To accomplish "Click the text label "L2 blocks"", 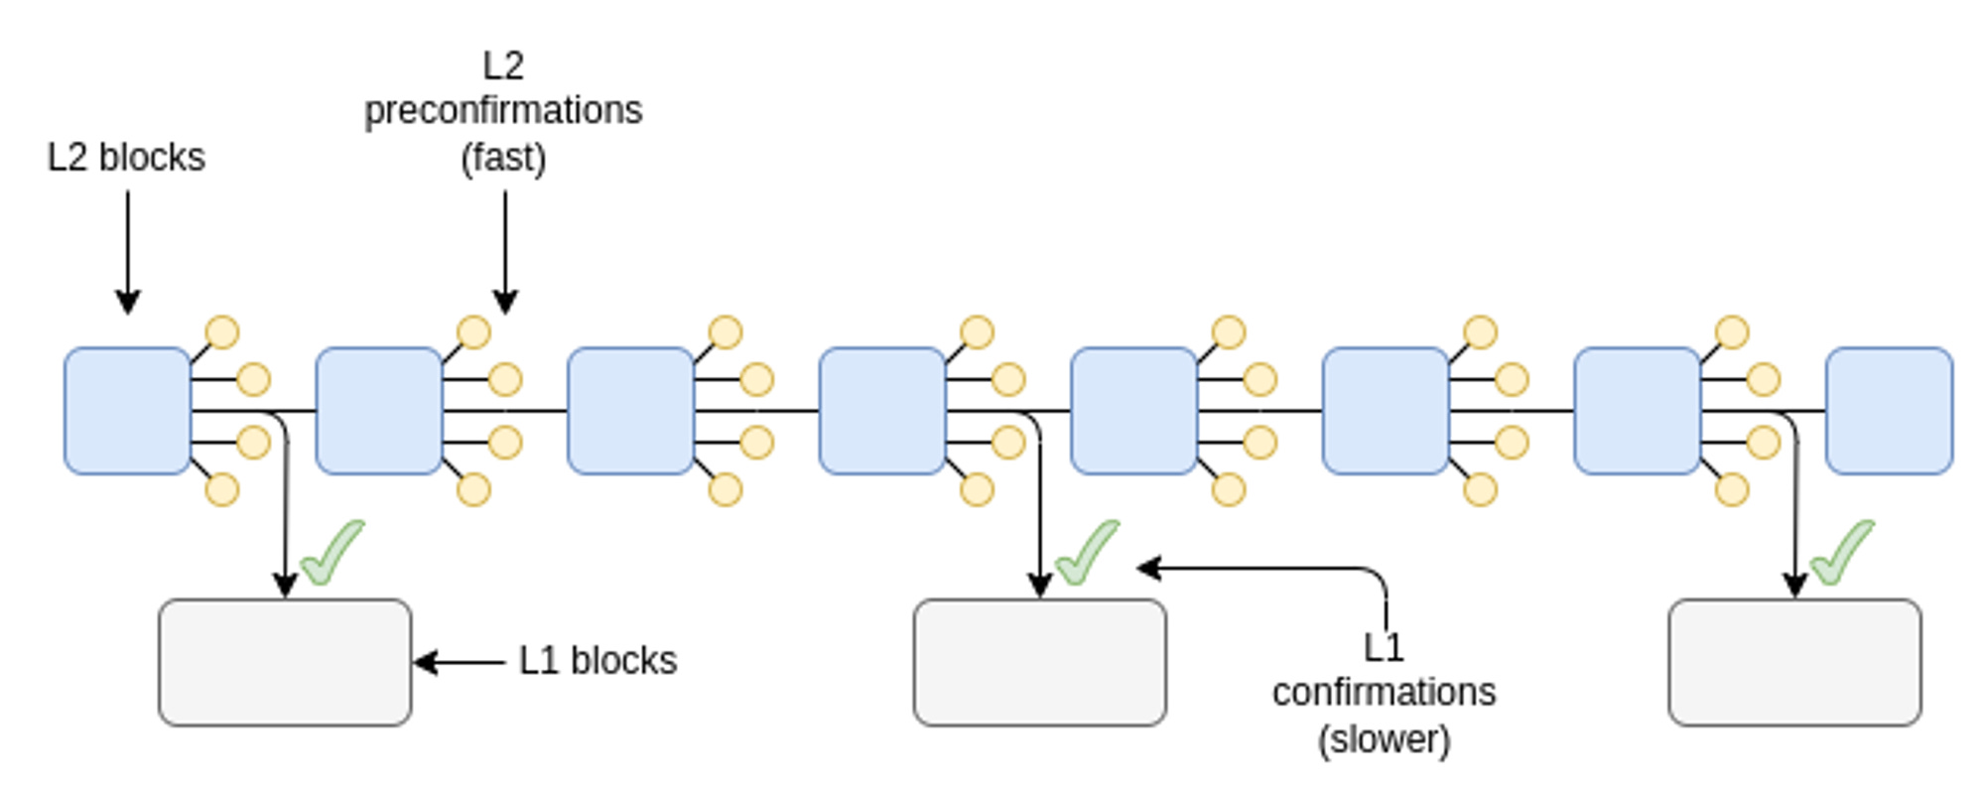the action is coord(126,158).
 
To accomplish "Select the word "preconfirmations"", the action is coord(503,111).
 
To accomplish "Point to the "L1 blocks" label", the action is coord(597,661).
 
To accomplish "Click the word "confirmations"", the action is coord(1384,692).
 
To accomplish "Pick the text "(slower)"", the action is coord(1384,739).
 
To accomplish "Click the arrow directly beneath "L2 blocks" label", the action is coord(128,253).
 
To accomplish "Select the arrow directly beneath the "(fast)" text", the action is coord(505,253).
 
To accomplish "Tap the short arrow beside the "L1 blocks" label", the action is coord(460,662).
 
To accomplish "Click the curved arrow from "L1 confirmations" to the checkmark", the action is coord(1320,569).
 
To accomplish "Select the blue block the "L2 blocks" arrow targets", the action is coord(127,411).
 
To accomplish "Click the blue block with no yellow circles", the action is coord(1889,411).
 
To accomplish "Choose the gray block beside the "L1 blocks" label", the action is coord(285,662).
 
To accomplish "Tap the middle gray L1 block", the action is coord(1039,662).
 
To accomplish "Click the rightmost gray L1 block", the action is coord(1794,662).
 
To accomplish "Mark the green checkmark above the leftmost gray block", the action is coord(331,554).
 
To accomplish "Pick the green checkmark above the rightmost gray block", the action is coord(1841,554).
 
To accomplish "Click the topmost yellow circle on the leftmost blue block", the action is coord(222,332).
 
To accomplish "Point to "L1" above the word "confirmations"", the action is coord(1384,648).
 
